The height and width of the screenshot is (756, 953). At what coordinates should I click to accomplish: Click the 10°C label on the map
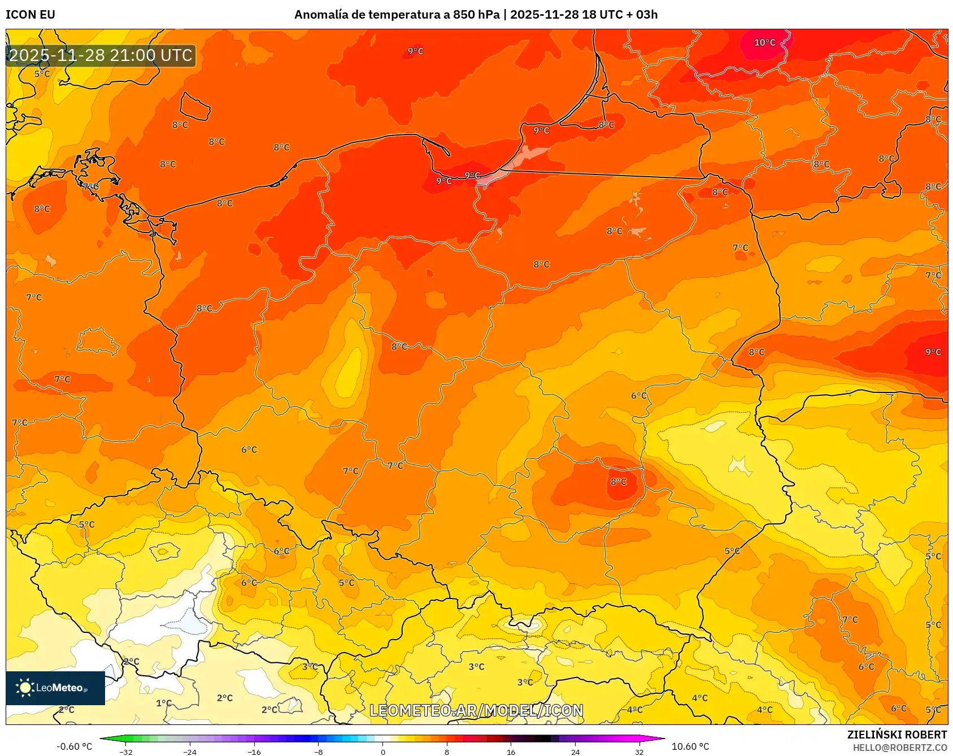click(x=764, y=43)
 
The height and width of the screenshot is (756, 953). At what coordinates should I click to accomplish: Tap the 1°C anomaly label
click(x=164, y=703)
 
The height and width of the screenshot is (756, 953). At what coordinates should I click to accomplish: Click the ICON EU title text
click(x=31, y=15)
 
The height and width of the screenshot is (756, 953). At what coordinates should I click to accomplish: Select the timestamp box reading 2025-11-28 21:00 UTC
click(x=101, y=55)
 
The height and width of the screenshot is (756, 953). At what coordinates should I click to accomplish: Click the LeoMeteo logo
click(x=55, y=688)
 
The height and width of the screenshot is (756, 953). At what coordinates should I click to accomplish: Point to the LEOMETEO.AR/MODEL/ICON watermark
click(x=476, y=710)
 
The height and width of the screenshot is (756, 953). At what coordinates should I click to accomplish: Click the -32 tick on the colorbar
click(x=127, y=751)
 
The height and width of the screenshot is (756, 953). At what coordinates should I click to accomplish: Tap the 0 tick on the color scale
click(x=383, y=751)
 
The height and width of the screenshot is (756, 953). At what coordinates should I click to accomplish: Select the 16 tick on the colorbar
click(x=511, y=751)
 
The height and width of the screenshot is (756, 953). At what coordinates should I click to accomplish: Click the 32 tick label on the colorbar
click(x=639, y=751)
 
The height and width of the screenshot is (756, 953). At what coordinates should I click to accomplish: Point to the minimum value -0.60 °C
click(x=74, y=746)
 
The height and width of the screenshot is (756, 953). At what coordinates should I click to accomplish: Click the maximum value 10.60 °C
click(x=690, y=746)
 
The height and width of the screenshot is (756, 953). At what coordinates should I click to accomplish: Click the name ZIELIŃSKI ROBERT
click(x=897, y=735)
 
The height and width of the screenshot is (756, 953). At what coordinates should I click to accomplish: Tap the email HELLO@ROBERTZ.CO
click(x=899, y=748)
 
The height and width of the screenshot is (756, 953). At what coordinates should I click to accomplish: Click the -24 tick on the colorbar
click(x=190, y=751)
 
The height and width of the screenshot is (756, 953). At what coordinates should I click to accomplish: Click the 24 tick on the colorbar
click(x=575, y=751)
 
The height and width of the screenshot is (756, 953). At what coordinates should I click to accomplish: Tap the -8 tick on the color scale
click(x=319, y=751)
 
